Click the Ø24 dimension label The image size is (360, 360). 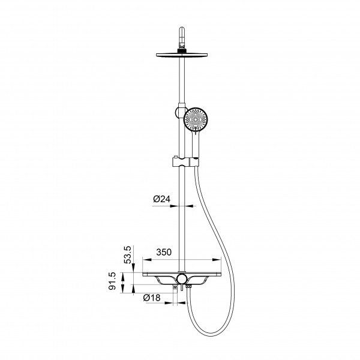click(162, 199)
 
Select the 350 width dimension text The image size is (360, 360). click(164, 252)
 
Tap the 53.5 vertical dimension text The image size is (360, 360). click(127, 254)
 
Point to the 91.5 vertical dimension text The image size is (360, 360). click(113, 281)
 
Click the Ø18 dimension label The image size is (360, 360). click(152, 298)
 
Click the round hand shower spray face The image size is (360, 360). click(196, 119)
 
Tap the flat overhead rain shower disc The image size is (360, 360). click(182, 55)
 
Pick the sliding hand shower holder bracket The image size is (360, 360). click(185, 161)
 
